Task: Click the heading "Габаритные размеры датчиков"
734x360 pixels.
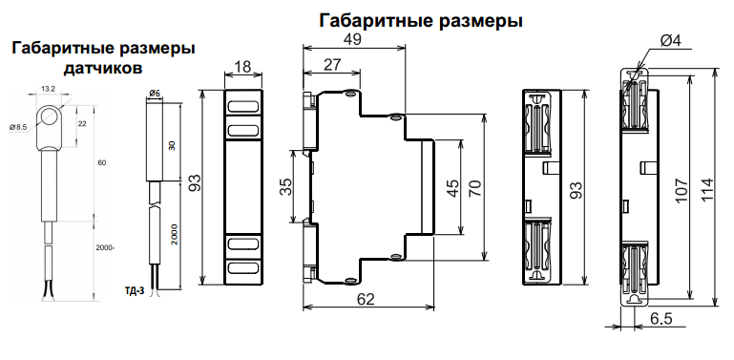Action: click(x=102, y=57)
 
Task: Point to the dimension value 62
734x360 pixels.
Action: click(x=365, y=299)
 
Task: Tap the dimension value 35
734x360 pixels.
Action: click(x=285, y=186)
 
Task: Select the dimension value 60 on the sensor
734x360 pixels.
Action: click(x=101, y=163)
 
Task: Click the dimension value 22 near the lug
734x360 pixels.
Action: click(x=82, y=124)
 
